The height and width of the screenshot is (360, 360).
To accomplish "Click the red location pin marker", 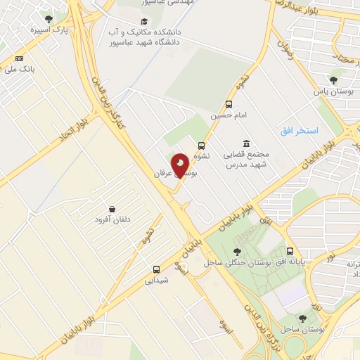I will point(181,166).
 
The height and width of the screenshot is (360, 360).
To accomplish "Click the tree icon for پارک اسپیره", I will point(48,19).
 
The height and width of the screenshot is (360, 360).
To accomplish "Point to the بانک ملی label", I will point(19,69).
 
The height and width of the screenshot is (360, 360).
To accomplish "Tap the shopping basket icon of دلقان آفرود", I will point(112,209).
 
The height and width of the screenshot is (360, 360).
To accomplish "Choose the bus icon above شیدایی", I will point(156,269).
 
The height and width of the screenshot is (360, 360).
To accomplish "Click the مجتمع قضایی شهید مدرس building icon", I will point(246,143).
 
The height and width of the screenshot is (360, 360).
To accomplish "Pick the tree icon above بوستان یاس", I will point(333,81).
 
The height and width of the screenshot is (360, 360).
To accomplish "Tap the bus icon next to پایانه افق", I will point(290,251).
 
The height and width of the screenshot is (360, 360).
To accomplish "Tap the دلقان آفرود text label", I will point(112,220).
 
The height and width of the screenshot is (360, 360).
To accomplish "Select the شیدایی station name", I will point(157,280).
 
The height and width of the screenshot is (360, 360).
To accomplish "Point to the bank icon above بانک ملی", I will point(19,58).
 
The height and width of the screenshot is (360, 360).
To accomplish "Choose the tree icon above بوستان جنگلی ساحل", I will point(236,251).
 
